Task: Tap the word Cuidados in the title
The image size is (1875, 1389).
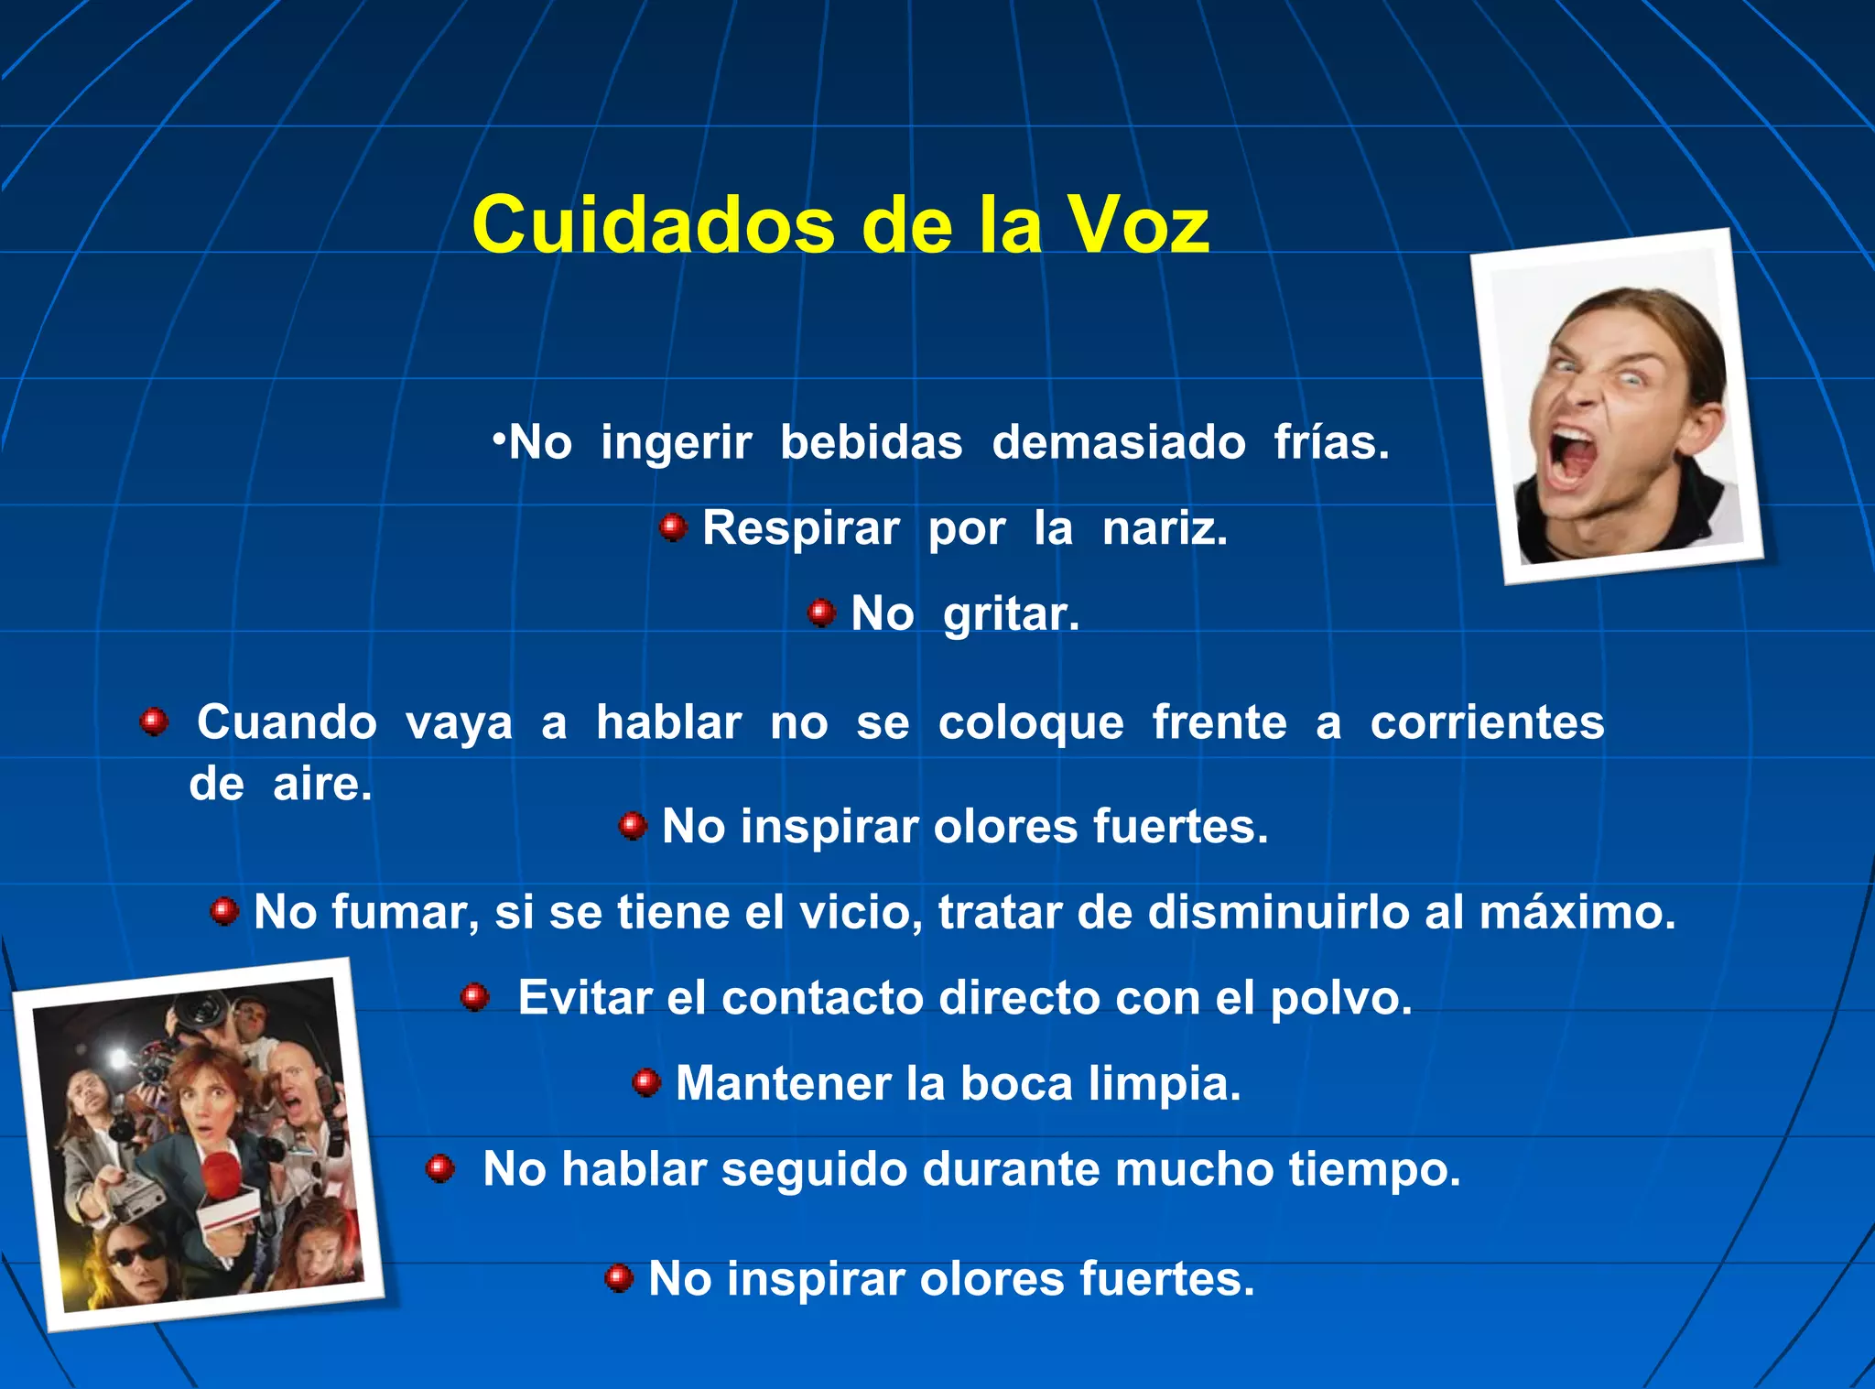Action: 653,225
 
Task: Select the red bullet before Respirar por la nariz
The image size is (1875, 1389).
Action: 673,527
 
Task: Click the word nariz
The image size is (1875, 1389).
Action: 1164,528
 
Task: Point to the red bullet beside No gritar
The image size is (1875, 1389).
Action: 821,613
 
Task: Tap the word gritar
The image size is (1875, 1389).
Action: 1011,614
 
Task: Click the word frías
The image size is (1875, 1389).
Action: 1331,442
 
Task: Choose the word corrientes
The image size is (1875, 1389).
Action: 1487,722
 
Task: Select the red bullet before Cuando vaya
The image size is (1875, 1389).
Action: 154,722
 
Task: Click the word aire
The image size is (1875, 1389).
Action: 322,784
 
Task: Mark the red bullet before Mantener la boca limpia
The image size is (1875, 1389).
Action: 646,1083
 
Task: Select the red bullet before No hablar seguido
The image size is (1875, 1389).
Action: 440,1168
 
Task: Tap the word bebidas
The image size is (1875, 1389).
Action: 871,442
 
